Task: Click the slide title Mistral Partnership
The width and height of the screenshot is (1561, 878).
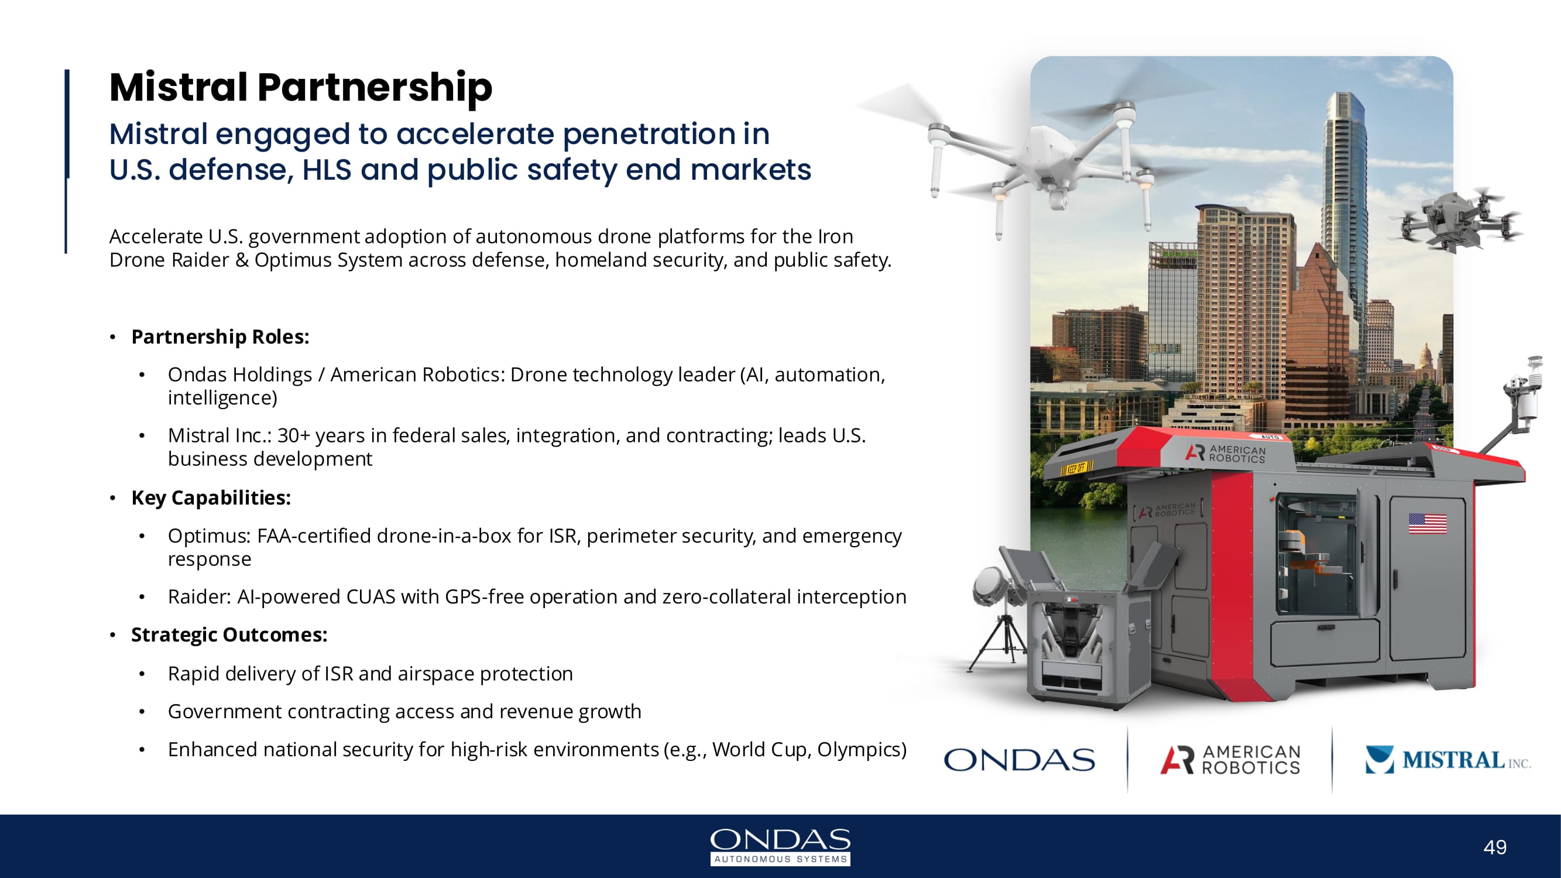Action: pyautogui.click(x=301, y=87)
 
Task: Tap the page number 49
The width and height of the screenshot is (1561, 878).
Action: pyautogui.click(x=1495, y=847)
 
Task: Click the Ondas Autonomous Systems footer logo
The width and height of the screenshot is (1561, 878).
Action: pyautogui.click(x=781, y=846)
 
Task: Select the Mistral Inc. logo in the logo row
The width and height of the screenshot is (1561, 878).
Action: pyautogui.click(x=1447, y=760)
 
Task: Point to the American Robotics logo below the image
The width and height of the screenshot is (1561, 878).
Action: pyautogui.click(x=1230, y=760)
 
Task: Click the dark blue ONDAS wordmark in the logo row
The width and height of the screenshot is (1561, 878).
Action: pyautogui.click(x=1019, y=760)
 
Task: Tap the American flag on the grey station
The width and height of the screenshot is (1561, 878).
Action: pyautogui.click(x=1428, y=523)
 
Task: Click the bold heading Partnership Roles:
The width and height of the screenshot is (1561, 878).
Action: pyautogui.click(x=220, y=337)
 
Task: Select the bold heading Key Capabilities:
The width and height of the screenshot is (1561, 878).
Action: pyautogui.click(x=211, y=498)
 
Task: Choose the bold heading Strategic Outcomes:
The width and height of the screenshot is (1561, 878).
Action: pyautogui.click(x=229, y=635)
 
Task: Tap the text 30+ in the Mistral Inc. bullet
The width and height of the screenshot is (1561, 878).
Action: pyautogui.click(x=293, y=435)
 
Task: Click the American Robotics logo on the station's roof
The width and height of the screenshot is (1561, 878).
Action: pyautogui.click(x=1225, y=454)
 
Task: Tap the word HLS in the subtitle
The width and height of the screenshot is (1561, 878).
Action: pyautogui.click(x=327, y=170)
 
